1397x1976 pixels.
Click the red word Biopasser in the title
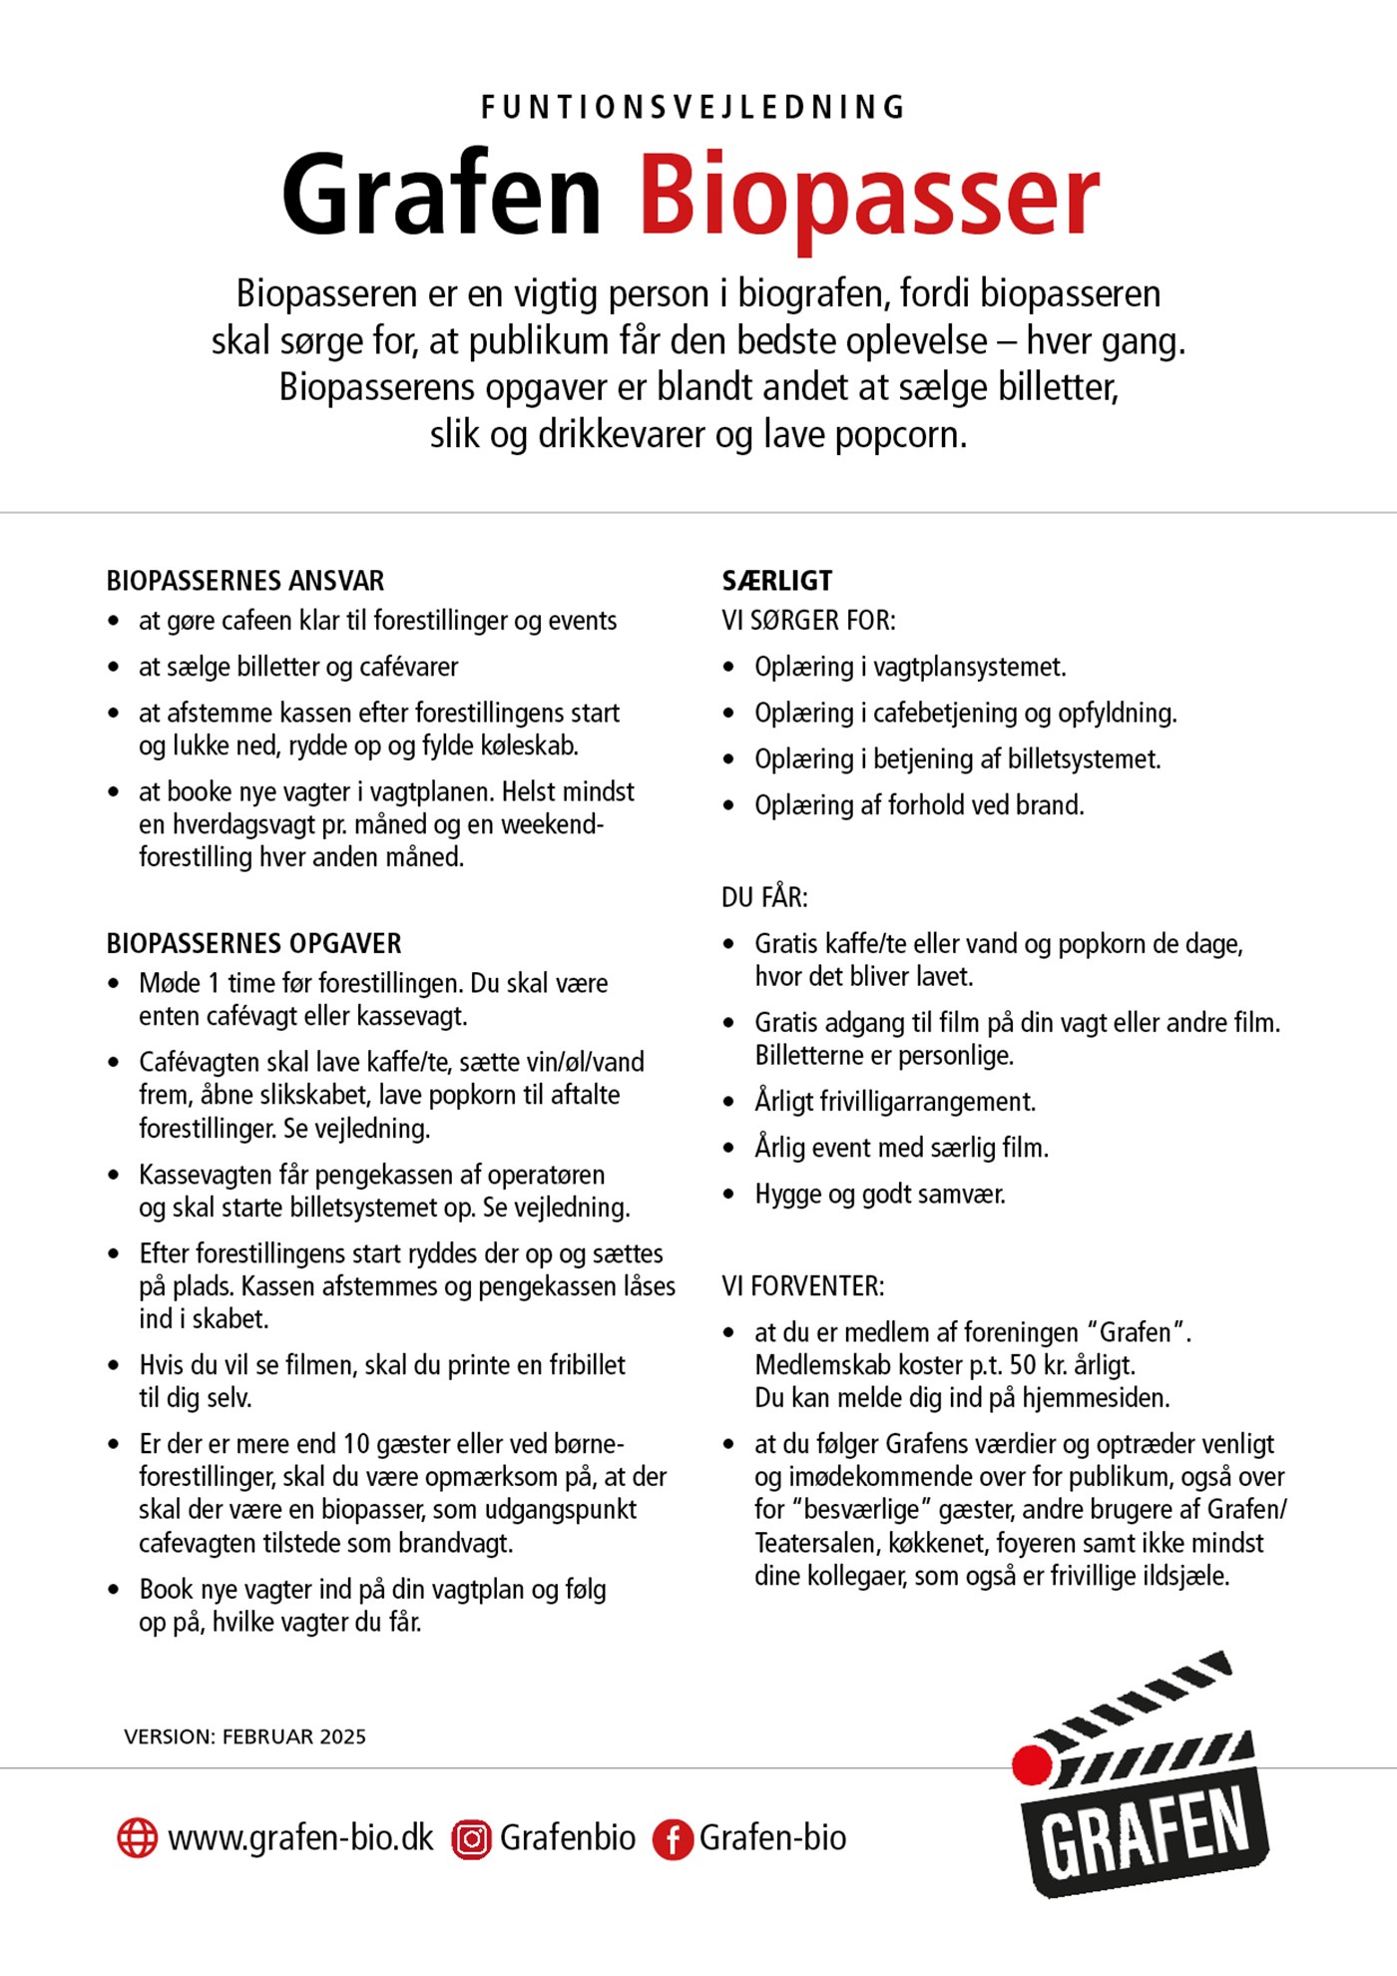[x=868, y=197]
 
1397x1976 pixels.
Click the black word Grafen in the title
[x=441, y=194]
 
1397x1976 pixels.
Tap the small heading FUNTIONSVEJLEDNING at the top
[x=694, y=107]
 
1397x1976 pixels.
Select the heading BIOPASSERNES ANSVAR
[x=245, y=581]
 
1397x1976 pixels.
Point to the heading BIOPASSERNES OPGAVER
[x=253, y=943]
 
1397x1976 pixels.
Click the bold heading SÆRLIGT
[x=776, y=581]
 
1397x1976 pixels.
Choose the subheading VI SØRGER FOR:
[x=808, y=621]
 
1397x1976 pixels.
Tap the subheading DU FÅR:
[x=764, y=897]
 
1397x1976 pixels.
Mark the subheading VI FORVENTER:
[x=802, y=1286]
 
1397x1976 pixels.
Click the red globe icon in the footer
[x=138, y=1837]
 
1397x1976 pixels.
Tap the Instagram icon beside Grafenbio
[x=471, y=1838]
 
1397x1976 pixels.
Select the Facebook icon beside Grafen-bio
[x=673, y=1838]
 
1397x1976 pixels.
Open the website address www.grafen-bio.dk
[x=300, y=1837]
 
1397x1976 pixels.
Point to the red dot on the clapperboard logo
[x=1032, y=1764]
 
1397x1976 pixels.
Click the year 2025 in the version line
[x=342, y=1736]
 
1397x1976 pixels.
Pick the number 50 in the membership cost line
[x=1023, y=1364]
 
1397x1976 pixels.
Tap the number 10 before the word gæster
[x=356, y=1444]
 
